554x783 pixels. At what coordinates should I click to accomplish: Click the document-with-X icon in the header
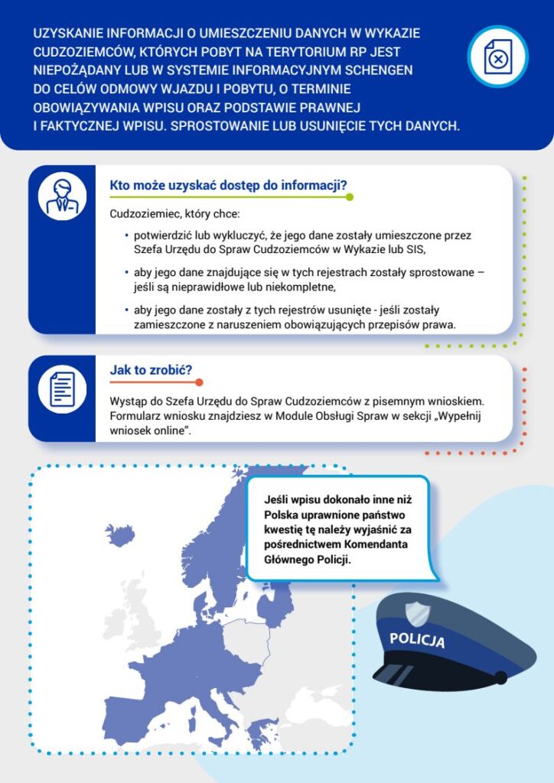[x=497, y=57]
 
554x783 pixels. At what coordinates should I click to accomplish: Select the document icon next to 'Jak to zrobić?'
[x=62, y=388]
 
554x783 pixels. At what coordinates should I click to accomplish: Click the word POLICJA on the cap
[x=416, y=640]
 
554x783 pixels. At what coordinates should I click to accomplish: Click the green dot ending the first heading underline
[x=350, y=197]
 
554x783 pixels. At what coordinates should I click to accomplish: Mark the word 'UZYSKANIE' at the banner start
[x=66, y=34]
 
